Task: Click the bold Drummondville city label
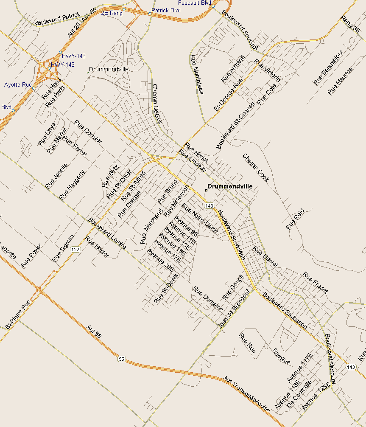[x=229, y=186]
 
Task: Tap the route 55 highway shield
[x=122, y=359]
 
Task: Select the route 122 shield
[x=75, y=249]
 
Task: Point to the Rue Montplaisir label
[x=197, y=75]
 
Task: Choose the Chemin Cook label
[x=255, y=168]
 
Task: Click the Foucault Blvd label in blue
[x=194, y=3]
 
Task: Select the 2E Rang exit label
[x=112, y=13]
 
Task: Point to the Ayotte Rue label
[x=18, y=85]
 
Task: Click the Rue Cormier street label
[x=88, y=132]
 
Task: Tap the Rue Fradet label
[x=316, y=283]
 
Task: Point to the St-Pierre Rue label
[x=18, y=315]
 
